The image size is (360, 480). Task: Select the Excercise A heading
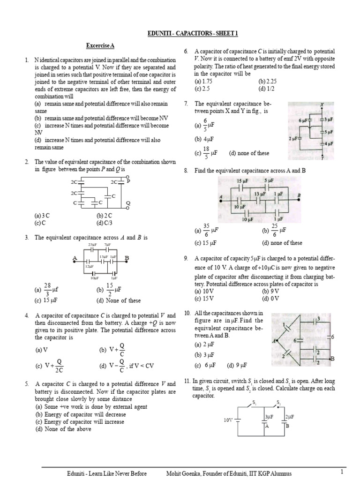pyautogui.click(x=100, y=45)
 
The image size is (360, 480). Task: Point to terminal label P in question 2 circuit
pyautogui.click(x=128, y=180)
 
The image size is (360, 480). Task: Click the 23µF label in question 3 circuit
pyautogui.click(x=92, y=245)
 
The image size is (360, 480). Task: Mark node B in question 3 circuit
pyautogui.click(x=127, y=258)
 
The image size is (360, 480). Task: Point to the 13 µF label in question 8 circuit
pyautogui.click(x=260, y=194)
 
